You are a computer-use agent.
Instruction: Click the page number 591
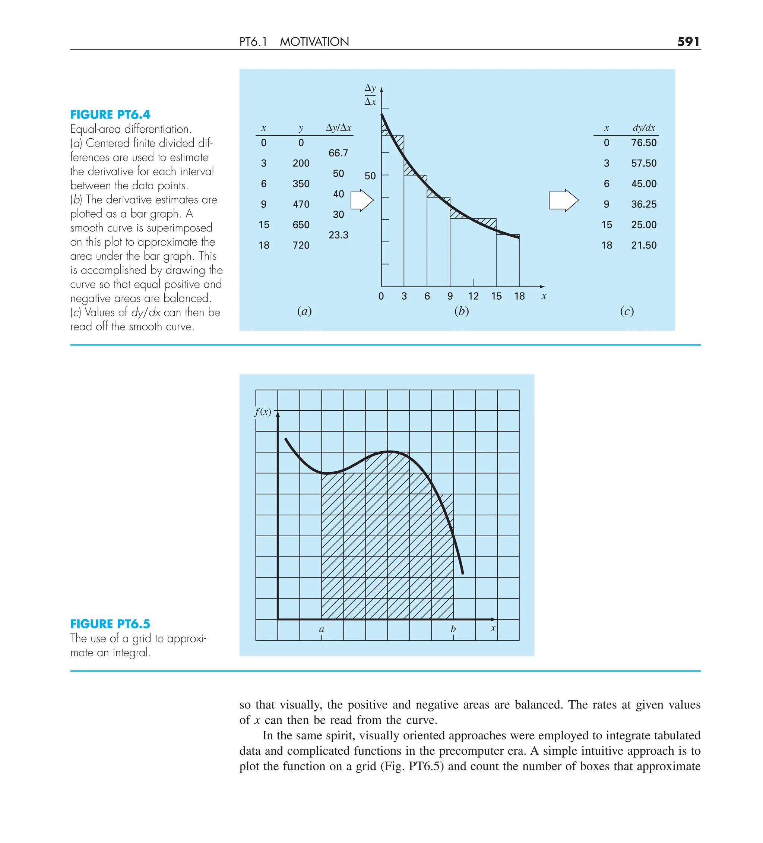(x=688, y=41)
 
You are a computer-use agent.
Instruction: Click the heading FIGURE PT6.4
(x=110, y=114)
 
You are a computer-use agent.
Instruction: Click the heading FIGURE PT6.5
(x=110, y=623)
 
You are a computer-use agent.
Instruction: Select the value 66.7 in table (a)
(x=338, y=153)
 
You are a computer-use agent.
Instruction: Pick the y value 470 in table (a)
(x=301, y=204)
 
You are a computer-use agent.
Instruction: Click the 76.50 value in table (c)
(x=643, y=143)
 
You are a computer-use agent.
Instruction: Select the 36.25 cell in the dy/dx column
(x=643, y=204)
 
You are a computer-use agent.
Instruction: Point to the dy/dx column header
(x=643, y=127)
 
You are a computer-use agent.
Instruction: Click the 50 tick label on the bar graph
(x=370, y=176)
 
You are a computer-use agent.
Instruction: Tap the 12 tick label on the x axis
(x=473, y=296)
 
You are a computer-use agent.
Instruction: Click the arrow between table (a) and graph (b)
(x=362, y=201)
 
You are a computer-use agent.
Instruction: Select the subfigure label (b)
(x=462, y=311)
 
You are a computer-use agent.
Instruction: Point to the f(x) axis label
(x=263, y=411)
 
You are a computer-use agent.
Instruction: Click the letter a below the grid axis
(x=321, y=629)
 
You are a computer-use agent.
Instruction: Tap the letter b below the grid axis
(x=453, y=629)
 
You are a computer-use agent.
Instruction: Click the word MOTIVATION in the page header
(x=314, y=41)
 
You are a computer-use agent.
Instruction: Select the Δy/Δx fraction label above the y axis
(x=370, y=95)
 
